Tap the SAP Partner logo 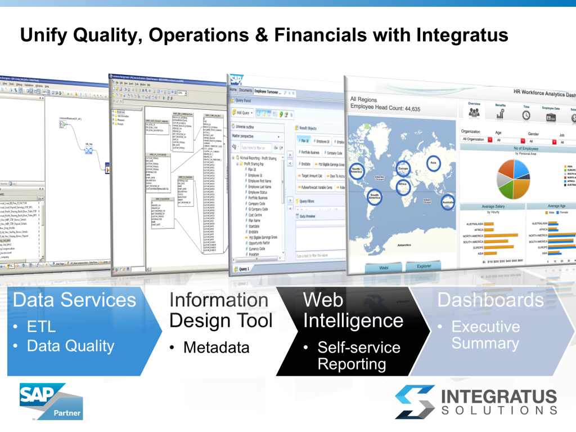coord(51,401)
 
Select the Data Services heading coord(74,300)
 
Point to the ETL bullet coord(42,327)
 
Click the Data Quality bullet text coord(70,346)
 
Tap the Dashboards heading coord(490,300)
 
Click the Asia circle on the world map coord(433,164)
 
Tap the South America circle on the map coord(374,196)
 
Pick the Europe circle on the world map coord(403,169)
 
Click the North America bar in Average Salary coord(501,235)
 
